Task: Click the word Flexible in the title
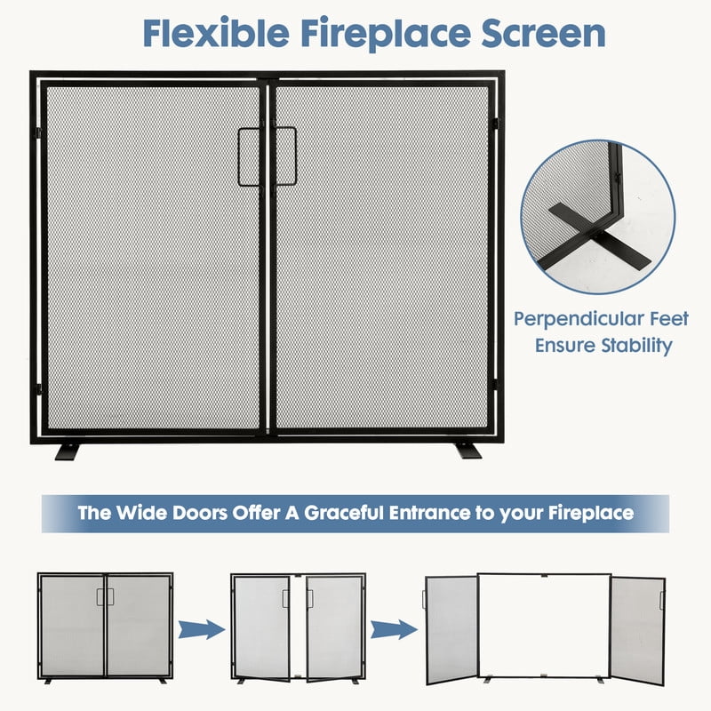[216, 33]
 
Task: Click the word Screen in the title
[543, 33]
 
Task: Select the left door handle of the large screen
[250, 157]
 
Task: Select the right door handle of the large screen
[285, 156]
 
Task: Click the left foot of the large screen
[67, 452]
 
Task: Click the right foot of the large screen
[469, 451]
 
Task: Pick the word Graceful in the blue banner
[343, 513]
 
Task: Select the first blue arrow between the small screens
[202, 629]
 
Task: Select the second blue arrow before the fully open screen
[394, 629]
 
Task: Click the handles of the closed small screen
[105, 596]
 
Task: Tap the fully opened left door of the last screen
[451, 630]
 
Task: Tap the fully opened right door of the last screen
[638, 630]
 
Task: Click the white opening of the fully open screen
[544, 626]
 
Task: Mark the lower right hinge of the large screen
[495, 385]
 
